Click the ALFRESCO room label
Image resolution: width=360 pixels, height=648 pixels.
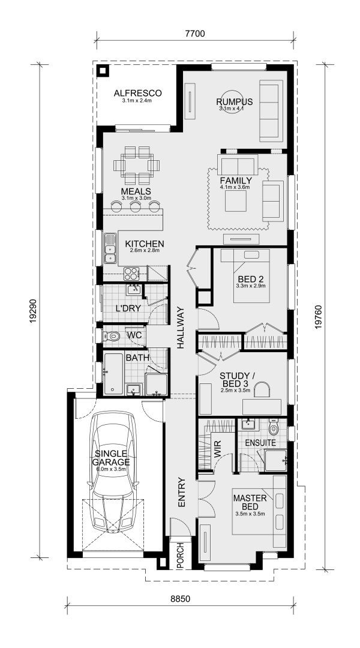tap(138, 93)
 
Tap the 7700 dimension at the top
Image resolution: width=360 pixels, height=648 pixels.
tap(195, 34)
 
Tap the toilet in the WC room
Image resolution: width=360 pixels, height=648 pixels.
tap(115, 337)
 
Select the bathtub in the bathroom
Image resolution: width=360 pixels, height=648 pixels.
tap(113, 373)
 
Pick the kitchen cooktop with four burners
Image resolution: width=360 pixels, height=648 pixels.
tap(132, 274)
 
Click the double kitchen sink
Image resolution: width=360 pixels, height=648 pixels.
tap(110, 250)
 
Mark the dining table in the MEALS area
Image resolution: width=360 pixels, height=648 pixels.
tap(137, 164)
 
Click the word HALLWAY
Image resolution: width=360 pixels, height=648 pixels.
tap(181, 328)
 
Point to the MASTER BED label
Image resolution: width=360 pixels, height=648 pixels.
tap(250, 502)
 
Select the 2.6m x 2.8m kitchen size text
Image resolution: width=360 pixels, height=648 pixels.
tap(144, 251)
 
